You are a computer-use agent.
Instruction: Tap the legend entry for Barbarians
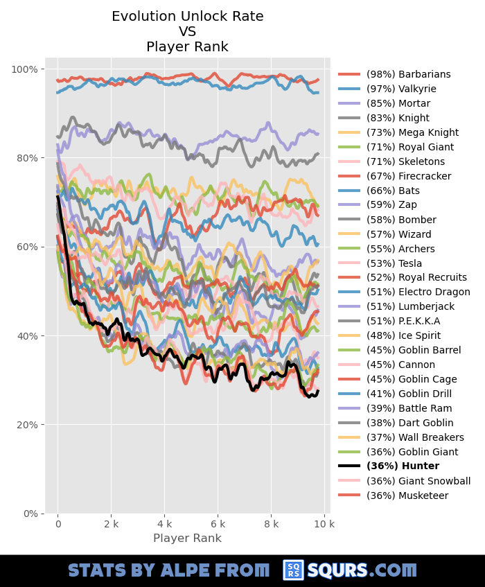point(408,74)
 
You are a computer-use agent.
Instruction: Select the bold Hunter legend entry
point(403,466)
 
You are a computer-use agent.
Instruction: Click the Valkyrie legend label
point(401,89)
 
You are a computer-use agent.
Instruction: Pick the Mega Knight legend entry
point(412,132)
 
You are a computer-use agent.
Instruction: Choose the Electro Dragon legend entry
point(418,292)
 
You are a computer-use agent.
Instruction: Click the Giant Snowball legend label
point(418,481)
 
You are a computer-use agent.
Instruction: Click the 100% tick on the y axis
point(25,69)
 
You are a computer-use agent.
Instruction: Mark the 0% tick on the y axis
point(30,514)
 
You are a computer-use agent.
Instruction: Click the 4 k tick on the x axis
point(164,525)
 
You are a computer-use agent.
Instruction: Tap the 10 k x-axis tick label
point(324,525)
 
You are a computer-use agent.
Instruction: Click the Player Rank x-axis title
point(187,538)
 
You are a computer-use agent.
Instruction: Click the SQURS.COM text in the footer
point(362,570)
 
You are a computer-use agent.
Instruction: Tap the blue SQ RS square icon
point(293,570)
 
